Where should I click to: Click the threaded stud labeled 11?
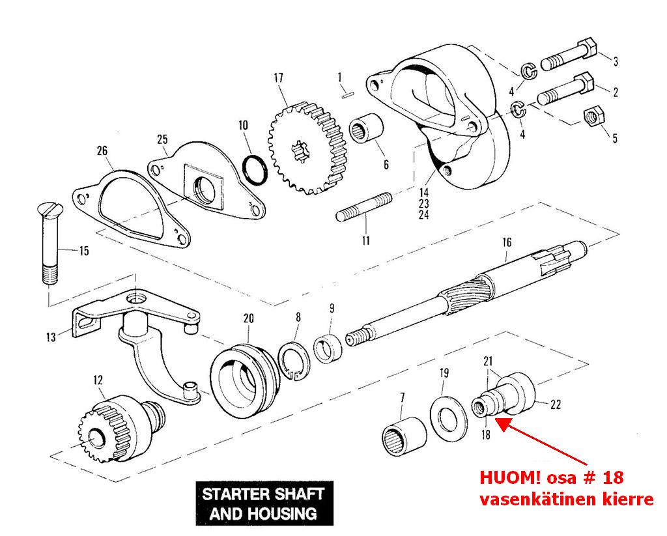pos(365,206)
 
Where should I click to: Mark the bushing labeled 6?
pos(367,130)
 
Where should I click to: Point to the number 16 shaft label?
pos(507,243)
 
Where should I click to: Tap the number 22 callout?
pos(556,404)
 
